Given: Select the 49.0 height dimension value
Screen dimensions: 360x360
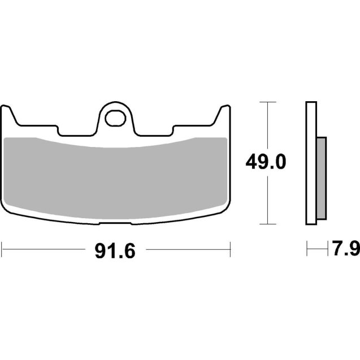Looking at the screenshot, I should tap(266, 163).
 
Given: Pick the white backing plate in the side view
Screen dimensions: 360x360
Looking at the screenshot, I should tap(310, 164).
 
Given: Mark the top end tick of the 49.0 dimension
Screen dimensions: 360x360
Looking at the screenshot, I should tap(266, 102).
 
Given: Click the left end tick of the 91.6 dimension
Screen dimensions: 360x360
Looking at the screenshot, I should tap(3, 248).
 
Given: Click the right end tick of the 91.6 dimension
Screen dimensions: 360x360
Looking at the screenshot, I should tap(231, 248).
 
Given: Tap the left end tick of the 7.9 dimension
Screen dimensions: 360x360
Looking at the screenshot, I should tap(307, 248).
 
